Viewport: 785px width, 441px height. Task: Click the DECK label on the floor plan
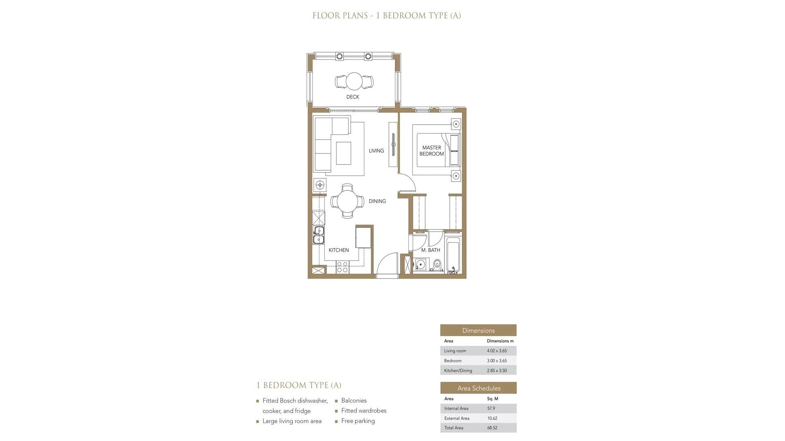[x=352, y=97]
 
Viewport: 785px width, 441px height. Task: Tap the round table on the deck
[x=354, y=81]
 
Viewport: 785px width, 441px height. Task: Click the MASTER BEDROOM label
[x=431, y=151]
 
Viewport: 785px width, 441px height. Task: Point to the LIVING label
[x=376, y=151]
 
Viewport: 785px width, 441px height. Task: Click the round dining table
[x=347, y=201]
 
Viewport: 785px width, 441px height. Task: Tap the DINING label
[x=377, y=201]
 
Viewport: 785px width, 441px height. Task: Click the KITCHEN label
[x=339, y=250]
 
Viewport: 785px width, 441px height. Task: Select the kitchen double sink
[x=318, y=235]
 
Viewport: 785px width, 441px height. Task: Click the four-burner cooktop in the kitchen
[x=342, y=267]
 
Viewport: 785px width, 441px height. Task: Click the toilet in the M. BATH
[x=437, y=265]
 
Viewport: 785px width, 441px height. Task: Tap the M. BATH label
[x=431, y=250]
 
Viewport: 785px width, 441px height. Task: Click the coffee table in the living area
[x=343, y=153]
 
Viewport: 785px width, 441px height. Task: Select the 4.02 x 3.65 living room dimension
[x=497, y=351]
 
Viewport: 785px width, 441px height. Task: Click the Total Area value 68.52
[x=492, y=428]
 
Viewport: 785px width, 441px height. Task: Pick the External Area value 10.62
[x=492, y=418]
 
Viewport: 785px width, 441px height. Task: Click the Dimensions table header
[x=478, y=330]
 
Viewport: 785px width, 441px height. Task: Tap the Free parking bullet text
[x=358, y=421]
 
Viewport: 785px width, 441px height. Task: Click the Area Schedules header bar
[x=478, y=388]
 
